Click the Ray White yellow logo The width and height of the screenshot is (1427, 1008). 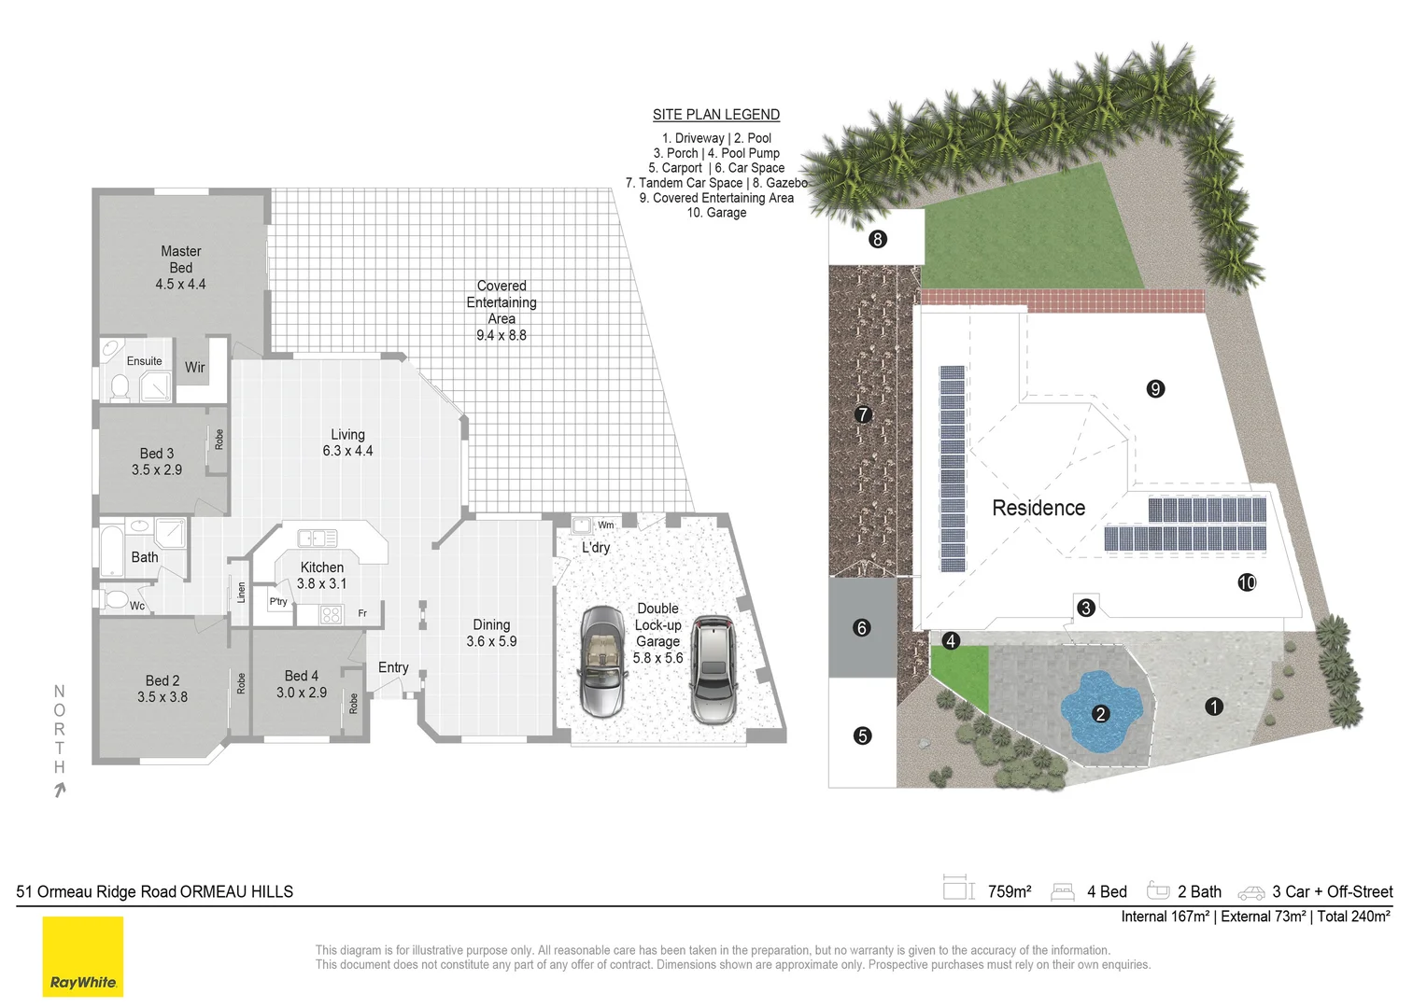[83, 957]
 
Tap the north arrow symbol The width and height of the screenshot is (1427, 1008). [60, 791]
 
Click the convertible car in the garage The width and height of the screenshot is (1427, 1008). [602, 661]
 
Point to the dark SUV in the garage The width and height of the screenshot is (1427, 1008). [714, 669]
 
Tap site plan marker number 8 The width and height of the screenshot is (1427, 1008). [878, 240]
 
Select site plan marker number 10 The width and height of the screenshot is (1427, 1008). [1247, 582]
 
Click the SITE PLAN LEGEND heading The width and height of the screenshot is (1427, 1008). [716, 115]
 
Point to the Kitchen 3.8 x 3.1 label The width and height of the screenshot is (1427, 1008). [321, 575]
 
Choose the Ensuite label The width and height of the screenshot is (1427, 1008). [144, 361]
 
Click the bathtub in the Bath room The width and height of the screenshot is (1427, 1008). [111, 550]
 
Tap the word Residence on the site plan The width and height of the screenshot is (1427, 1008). [1038, 508]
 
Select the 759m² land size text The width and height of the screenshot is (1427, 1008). [1010, 891]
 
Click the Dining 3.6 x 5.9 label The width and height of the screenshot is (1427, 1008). [491, 633]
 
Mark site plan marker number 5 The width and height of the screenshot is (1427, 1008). [862, 736]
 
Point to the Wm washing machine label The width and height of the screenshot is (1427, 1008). [606, 525]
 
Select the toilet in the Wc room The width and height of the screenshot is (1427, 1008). [115, 599]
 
